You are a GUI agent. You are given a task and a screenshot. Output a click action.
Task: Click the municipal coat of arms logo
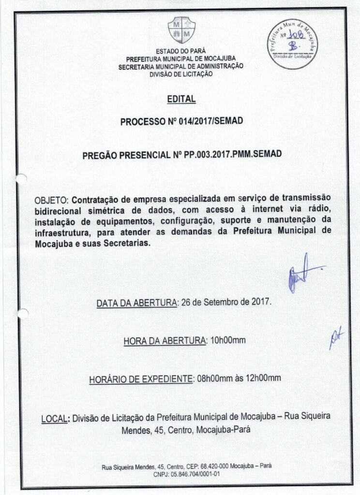point(180,29)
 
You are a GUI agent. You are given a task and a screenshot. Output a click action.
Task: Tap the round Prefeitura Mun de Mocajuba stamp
point(293,45)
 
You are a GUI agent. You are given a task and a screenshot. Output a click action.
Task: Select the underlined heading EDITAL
point(181,99)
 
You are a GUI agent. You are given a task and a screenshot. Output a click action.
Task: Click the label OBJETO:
point(53,200)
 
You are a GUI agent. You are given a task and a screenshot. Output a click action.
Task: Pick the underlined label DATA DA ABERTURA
point(137,303)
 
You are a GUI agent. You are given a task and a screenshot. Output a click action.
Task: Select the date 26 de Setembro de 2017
point(226,303)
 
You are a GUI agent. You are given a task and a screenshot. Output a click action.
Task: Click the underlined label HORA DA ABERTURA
point(165,341)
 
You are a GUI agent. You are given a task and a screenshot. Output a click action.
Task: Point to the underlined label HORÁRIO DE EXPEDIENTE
point(140,379)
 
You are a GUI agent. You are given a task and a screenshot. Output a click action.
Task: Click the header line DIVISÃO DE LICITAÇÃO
point(180,74)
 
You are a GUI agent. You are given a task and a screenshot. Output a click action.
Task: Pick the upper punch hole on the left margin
point(20,180)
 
